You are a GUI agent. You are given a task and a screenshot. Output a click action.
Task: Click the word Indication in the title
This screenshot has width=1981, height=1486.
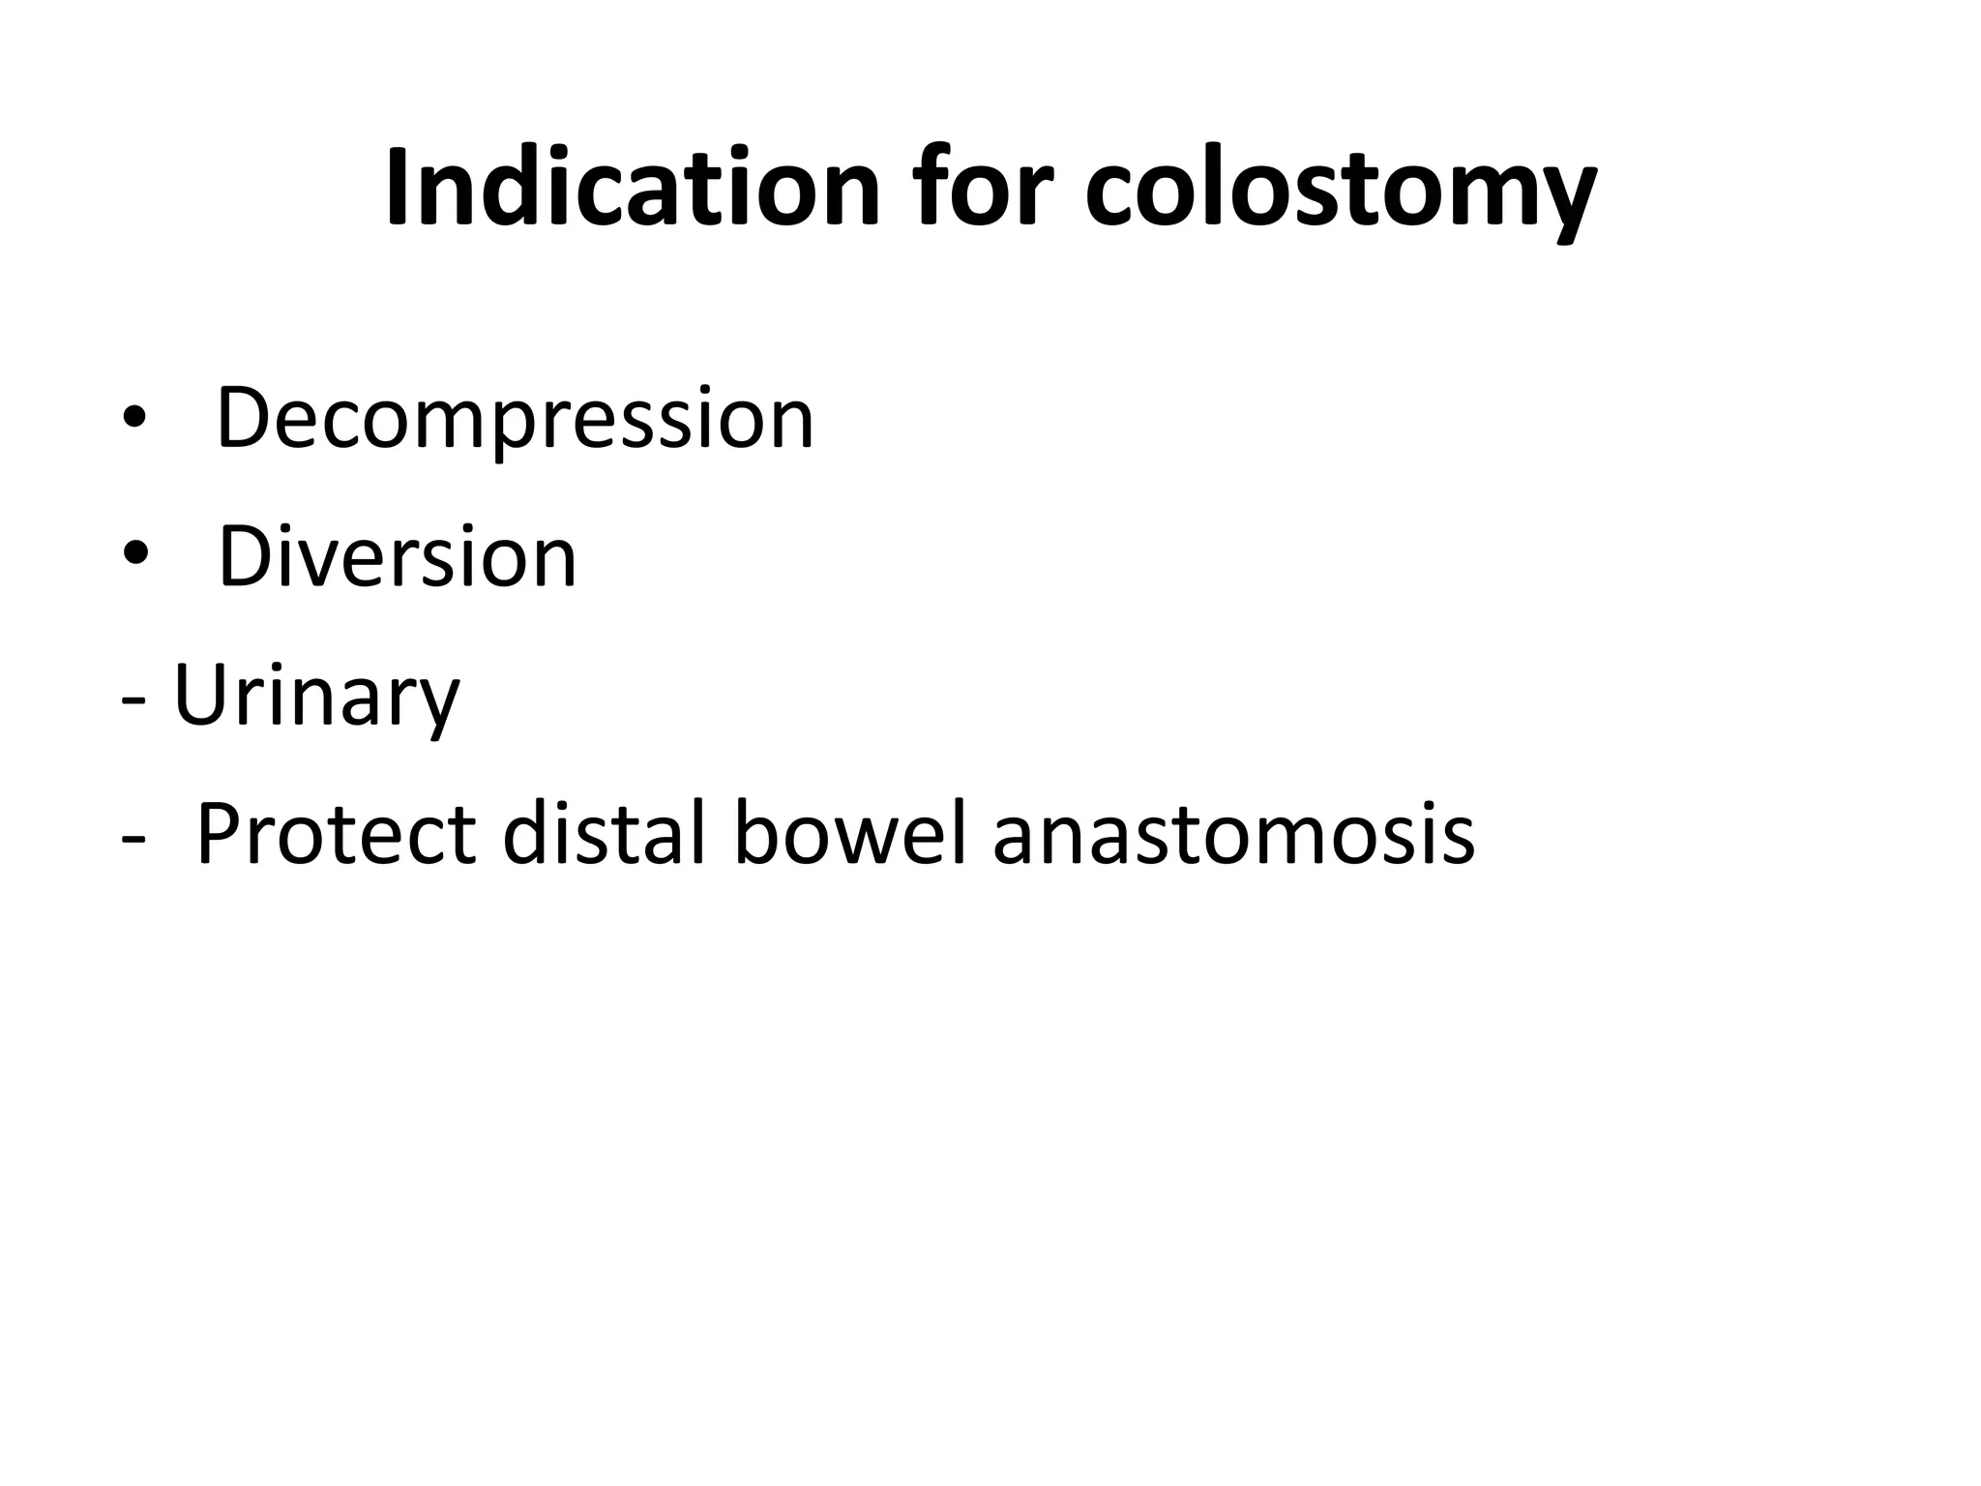[634, 189]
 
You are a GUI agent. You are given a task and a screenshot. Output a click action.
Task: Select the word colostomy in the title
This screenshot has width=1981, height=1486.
[1341, 193]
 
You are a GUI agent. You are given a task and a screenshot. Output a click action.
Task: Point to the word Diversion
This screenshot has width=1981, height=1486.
[398, 558]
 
